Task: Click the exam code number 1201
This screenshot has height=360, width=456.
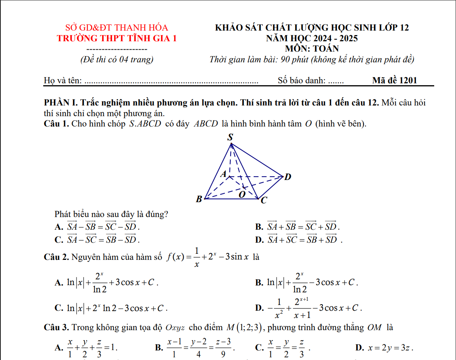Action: click(408, 80)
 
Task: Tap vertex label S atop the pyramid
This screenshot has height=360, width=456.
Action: click(230, 137)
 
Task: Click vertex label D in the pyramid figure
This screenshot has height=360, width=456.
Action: click(288, 177)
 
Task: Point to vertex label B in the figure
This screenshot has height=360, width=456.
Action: click(199, 199)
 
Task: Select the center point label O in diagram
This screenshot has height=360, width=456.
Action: click(242, 194)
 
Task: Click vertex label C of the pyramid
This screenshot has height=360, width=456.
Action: click(264, 200)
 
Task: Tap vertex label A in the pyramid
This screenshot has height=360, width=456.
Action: click(224, 174)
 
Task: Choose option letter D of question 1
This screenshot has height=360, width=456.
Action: click(259, 240)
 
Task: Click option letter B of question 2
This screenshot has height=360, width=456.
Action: click(259, 283)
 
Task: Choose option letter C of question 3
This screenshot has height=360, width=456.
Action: click(259, 348)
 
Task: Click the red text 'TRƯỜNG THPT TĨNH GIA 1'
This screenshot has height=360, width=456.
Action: click(117, 38)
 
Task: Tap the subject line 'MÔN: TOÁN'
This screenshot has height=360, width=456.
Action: click(312, 49)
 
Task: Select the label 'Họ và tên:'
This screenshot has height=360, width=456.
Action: click(63, 80)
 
